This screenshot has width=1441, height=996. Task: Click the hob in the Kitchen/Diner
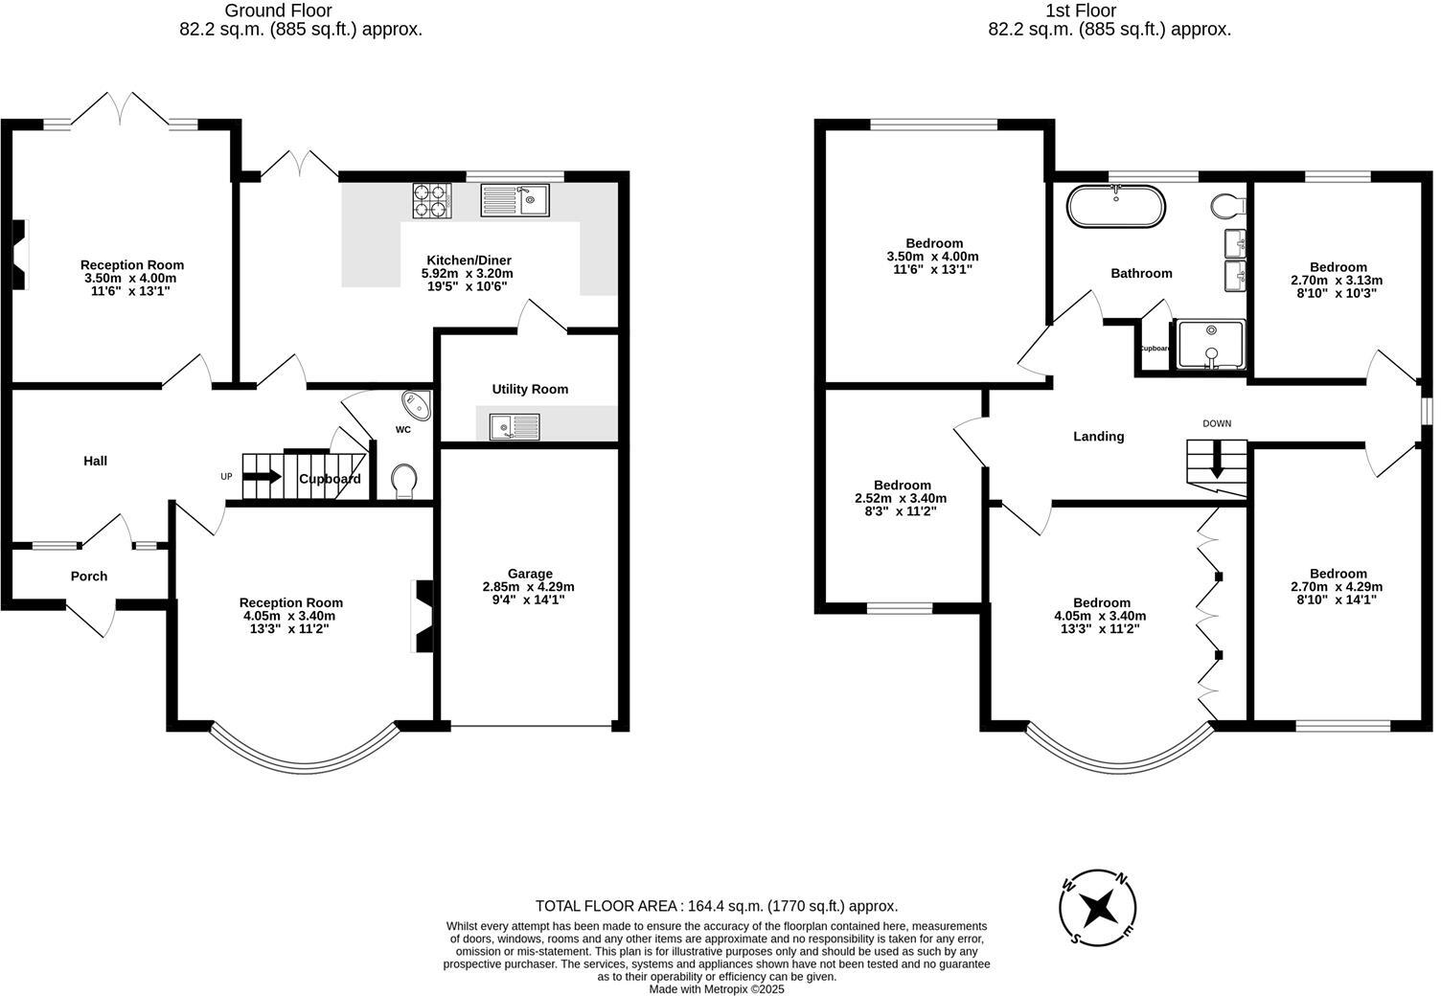tap(431, 201)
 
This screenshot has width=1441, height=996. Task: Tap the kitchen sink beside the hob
tap(515, 200)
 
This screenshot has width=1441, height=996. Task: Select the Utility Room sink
tap(515, 426)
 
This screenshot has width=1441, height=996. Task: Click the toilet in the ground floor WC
tap(404, 481)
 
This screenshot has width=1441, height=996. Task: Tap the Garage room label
tap(529, 574)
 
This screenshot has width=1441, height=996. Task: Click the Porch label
tap(89, 577)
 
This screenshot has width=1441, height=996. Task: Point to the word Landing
tap(1098, 437)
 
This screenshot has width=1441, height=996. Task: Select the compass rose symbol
tap(1098, 905)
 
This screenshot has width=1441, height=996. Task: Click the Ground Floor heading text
tap(278, 11)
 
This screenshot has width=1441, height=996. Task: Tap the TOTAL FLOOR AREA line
tap(716, 906)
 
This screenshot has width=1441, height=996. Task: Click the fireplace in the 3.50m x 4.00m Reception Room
tap(20, 254)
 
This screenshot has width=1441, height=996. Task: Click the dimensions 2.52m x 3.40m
tap(900, 498)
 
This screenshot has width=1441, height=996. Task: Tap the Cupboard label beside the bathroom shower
tap(1155, 349)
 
